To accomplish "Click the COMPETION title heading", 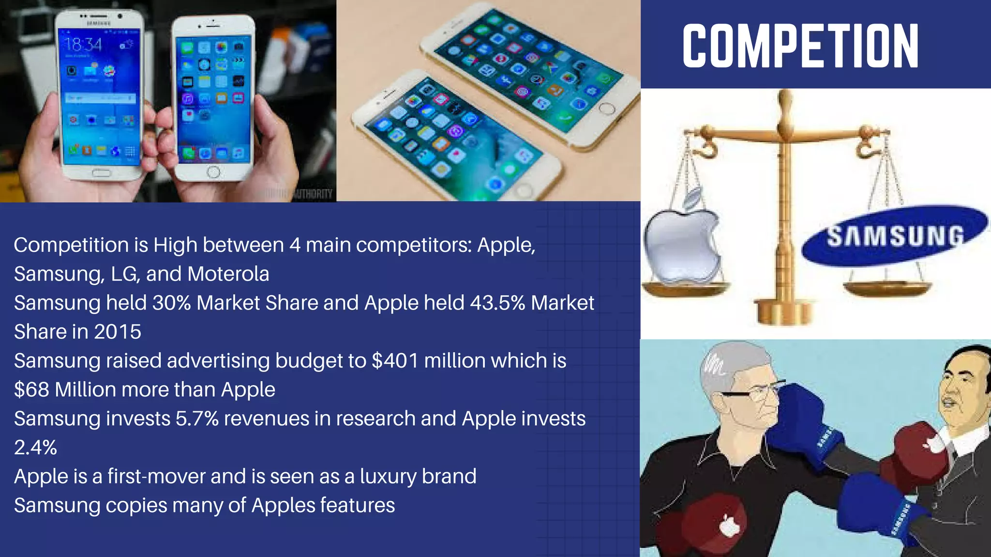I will [x=800, y=46].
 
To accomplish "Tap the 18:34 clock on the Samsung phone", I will [x=83, y=45].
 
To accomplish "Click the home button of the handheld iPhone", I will [x=213, y=171].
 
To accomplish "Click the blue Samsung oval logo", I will [x=894, y=236].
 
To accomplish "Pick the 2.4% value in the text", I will [x=35, y=448].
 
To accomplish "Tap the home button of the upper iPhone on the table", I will [x=607, y=108].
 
